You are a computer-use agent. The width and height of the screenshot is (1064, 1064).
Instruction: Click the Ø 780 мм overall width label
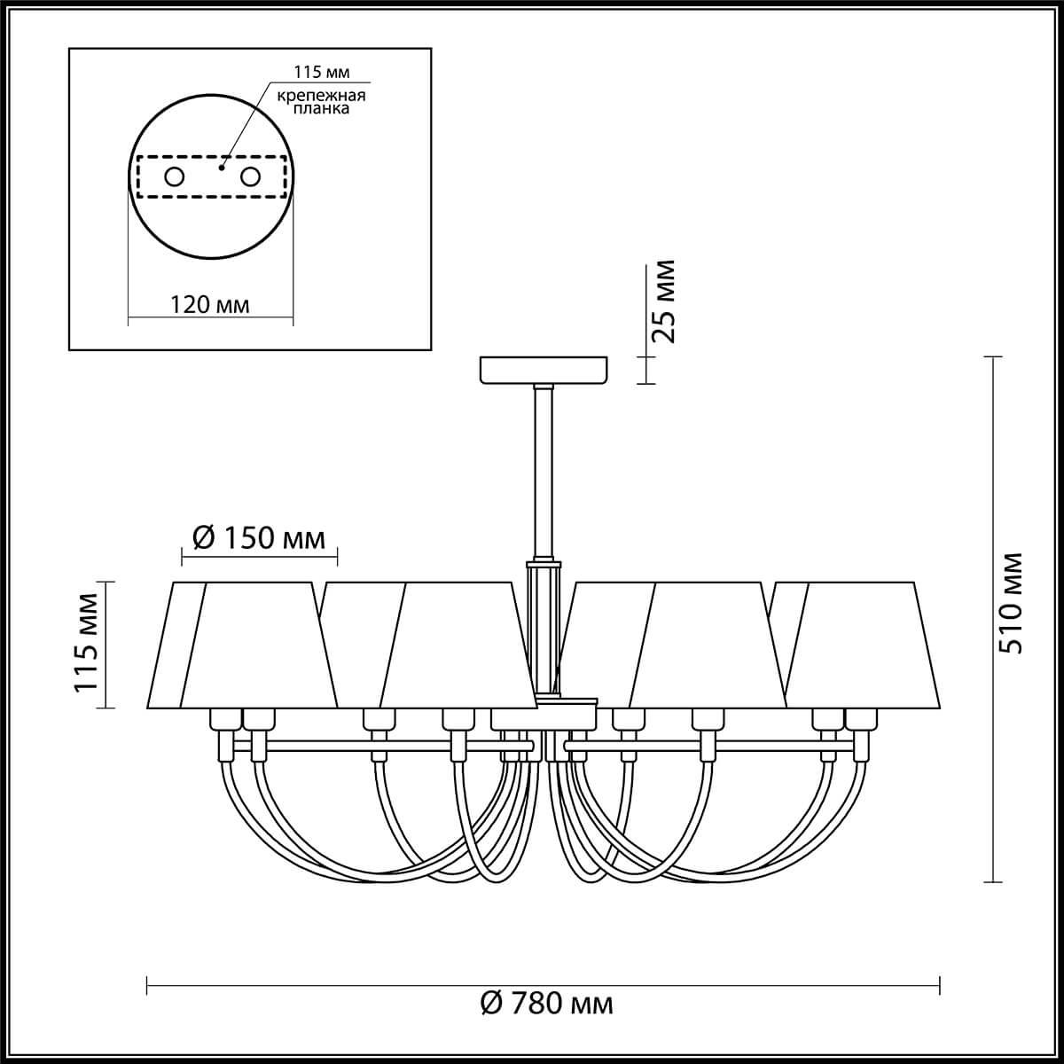pyautogui.click(x=546, y=1004)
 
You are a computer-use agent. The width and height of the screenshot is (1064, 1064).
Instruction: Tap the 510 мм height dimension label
pyautogui.click(x=1010, y=602)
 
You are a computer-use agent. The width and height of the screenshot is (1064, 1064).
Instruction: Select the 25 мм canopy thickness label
pyautogui.click(x=663, y=301)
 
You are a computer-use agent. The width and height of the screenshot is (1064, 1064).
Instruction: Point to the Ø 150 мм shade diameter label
pyautogui.click(x=259, y=538)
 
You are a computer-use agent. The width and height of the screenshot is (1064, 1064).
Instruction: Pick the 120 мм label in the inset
pyautogui.click(x=210, y=304)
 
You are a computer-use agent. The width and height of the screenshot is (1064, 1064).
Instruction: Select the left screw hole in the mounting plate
pyautogui.click(x=174, y=176)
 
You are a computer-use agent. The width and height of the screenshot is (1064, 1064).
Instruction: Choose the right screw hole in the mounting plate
pyautogui.click(x=250, y=176)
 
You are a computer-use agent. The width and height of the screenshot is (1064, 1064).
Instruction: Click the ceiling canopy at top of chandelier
pyautogui.click(x=544, y=370)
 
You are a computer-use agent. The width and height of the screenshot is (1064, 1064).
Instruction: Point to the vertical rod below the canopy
pyautogui.click(x=543, y=470)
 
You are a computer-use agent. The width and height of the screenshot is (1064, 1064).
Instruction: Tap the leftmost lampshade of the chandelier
pyautogui.click(x=177, y=645)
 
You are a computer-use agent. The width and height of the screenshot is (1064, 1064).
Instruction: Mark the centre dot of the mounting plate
pyautogui.click(x=223, y=165)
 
